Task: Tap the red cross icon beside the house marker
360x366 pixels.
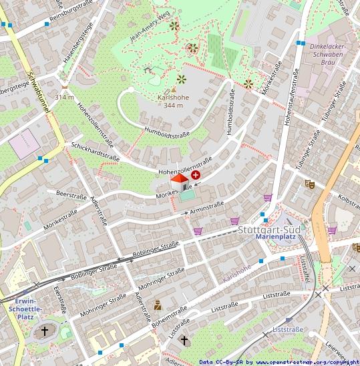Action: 196,174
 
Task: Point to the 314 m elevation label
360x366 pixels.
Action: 64,97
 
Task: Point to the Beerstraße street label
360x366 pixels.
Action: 73,193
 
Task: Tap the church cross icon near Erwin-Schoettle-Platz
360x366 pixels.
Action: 45,331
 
